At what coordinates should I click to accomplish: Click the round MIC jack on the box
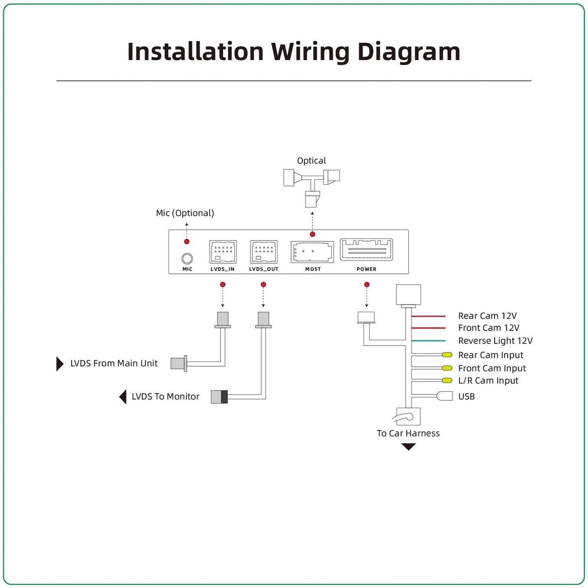point(187,258)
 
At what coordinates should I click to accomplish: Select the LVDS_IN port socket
point(223,252)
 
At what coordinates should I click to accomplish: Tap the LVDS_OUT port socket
point(263,252)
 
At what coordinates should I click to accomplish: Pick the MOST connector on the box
point(312,252)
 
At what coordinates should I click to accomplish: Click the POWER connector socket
point(366,249)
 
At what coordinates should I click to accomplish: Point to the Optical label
point(311,160)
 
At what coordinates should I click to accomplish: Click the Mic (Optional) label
point(185,213)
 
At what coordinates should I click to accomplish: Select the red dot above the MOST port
point(312,234)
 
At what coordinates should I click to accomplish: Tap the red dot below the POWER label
point(367,284)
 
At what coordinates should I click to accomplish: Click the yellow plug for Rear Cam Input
point(447,354)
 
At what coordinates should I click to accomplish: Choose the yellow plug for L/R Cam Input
point(447,380)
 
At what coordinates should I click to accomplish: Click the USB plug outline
point(445,396)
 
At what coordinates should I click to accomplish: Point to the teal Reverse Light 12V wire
point(428,341)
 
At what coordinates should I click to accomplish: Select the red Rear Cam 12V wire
point(428,316)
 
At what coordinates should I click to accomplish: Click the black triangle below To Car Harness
point(408,447)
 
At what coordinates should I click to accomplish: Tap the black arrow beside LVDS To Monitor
point(122,397)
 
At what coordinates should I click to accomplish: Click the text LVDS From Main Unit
point(114,363)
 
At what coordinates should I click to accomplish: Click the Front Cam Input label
point(492,368)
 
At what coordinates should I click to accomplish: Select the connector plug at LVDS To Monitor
point(219,397)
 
